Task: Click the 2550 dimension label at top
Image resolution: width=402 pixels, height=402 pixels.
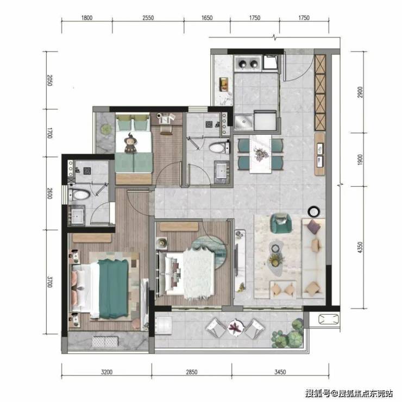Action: pos(148,18)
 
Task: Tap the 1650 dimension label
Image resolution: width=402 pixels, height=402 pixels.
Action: pos(207,18)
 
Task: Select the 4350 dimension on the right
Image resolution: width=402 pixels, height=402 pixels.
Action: pos(360,247)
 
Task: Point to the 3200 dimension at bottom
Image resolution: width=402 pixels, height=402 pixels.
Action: pos(106,372)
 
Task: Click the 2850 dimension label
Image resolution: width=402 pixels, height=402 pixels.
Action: pos(192,372)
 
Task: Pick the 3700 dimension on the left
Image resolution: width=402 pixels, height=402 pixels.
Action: pos(49,281)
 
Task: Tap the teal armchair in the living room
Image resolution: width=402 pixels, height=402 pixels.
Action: pos(281,223)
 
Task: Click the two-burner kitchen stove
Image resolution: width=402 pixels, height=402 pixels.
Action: pos(248,64)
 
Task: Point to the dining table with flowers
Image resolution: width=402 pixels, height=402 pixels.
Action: pos(260,154)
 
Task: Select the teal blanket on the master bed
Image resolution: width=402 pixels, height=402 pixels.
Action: pos(114,288)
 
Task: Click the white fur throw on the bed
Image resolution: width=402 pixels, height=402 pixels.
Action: pos(199,273)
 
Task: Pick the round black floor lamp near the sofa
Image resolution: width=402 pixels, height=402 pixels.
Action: pos(314,211)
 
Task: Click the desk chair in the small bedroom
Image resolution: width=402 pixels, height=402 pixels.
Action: pos(166,130)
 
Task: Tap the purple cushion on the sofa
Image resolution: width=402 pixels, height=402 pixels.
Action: pos(314,227)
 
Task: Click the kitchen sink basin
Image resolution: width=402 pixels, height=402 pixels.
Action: pos(243,122)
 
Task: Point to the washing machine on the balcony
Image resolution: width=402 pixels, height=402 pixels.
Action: pos(164,325)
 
